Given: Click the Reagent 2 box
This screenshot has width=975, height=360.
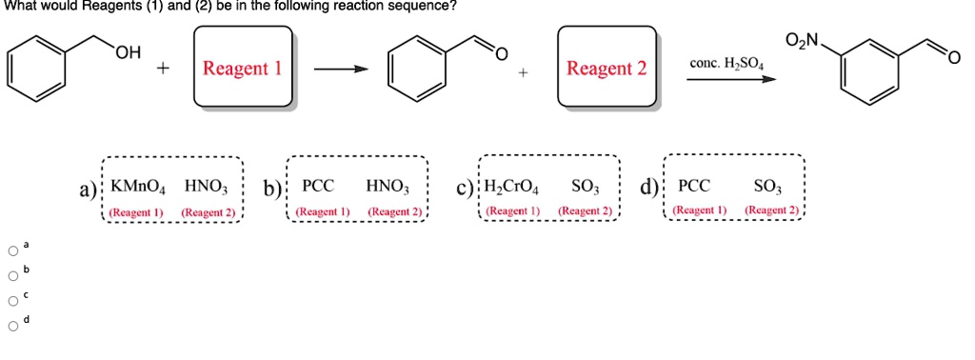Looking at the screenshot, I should pyautogui.click(x=607, y=69).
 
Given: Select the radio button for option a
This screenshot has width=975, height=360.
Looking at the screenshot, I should pyautogui.click(x=12, y=252).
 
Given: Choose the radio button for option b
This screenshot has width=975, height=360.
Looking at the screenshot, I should pyautogui.click(x=12, y=277).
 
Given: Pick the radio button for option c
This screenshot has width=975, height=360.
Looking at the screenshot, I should pyautogui.click(x=12, y=302).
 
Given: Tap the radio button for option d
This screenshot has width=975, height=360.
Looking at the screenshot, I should pyautogui.click(x=12, y=327).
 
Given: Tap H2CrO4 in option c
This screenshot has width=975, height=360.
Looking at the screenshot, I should pyautogui.click(x=513, y=186).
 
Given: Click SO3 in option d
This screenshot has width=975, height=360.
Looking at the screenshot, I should pyautogui.click(x=766, y=186).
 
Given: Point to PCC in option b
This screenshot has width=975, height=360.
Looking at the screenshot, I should pyautogui.click(x=317, y=186).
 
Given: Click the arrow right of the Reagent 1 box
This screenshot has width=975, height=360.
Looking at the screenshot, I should pyautogui.click(x=341, y=70).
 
